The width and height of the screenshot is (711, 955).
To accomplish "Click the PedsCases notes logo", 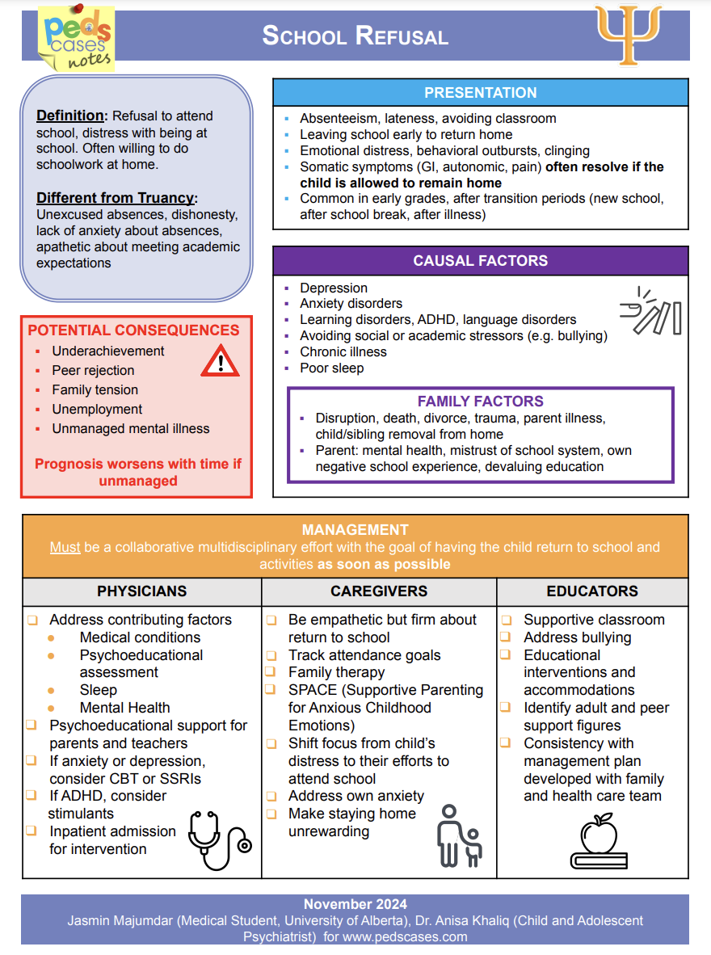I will tap(77, 39).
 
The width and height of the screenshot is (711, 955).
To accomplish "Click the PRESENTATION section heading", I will tap(480, 93).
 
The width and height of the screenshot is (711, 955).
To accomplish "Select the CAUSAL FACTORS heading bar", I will tap(480, 261).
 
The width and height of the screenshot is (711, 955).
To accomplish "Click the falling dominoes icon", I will tap(650, 311).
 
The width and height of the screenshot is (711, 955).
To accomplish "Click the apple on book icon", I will tap(598, 841).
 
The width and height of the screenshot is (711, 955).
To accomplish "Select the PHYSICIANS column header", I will tap(142, 591).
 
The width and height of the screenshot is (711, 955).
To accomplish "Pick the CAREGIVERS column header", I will tap(379, 591).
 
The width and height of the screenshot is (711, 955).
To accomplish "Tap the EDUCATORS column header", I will tap(592, 591).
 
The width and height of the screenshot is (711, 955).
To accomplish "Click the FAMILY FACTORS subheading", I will tap(480, 402).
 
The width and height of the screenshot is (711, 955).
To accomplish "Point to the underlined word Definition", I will tap(70, 116).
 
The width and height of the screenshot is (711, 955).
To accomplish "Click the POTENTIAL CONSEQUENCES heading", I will tap(134, 330).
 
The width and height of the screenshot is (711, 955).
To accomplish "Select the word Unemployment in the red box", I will tap(97, 410).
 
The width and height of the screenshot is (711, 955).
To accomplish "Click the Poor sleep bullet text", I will tap(332, 368).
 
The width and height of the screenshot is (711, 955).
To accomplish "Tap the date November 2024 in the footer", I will tap(355, 904).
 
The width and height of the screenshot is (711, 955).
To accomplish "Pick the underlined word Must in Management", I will tap(65, 548).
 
